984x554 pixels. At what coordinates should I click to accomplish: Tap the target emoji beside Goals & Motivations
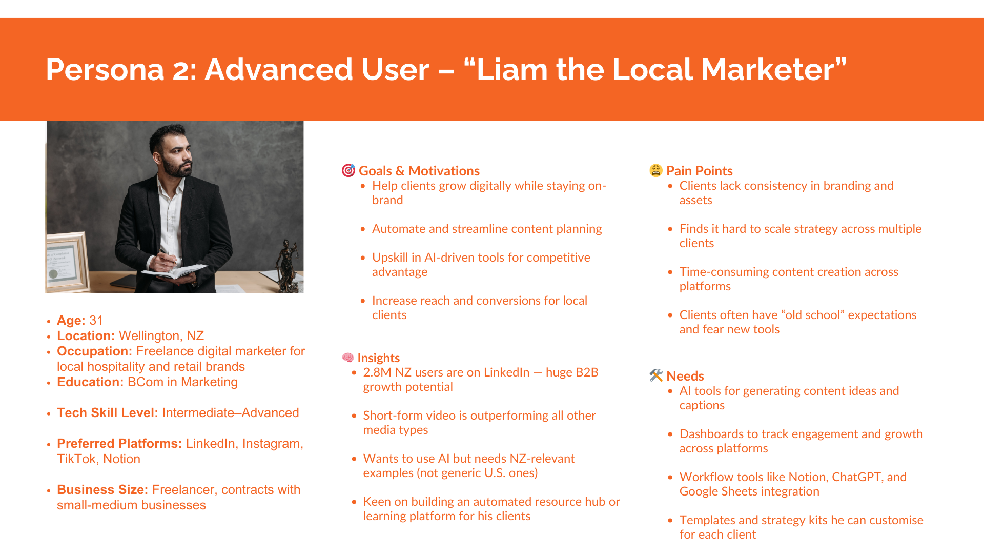[x=348, y=170]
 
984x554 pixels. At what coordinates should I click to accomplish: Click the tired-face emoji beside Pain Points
[x=656, y=170]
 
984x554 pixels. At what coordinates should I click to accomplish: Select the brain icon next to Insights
[x=348, y=358]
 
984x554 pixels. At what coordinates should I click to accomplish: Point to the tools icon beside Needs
[x=656, y=375]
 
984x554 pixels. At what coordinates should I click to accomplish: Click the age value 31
[x=96, y=321]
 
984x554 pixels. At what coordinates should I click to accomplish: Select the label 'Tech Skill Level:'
[x=108, y=413]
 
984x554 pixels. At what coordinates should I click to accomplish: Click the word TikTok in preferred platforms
[x=76, y=459]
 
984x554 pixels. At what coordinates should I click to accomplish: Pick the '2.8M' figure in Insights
[x=377, y=372]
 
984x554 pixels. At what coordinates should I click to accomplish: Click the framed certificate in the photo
[x=67, y=263]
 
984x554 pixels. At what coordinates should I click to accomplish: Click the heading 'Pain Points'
[x=700, y=171]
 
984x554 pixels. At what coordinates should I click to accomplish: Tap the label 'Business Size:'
[x=102, y=490]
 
